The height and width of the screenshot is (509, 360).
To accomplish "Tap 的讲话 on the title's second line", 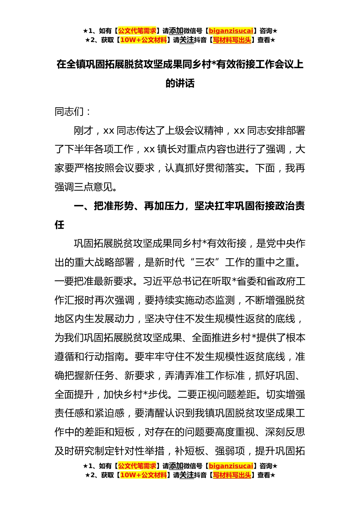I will (180, 83).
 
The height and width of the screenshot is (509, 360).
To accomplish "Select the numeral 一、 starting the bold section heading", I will (83, 206).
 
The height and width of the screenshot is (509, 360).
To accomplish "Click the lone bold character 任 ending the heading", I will (59, 225).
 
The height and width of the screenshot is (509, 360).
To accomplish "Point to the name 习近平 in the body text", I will (157, 281).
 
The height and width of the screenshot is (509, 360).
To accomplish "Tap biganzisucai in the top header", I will (231, 31).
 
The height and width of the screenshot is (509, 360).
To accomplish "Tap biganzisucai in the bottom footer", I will (231, 466).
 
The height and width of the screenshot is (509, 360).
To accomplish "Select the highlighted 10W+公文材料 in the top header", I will (143, 40).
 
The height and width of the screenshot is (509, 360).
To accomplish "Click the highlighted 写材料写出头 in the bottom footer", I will (232, 475).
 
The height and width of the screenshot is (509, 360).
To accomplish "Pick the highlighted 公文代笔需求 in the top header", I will (137, 31).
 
